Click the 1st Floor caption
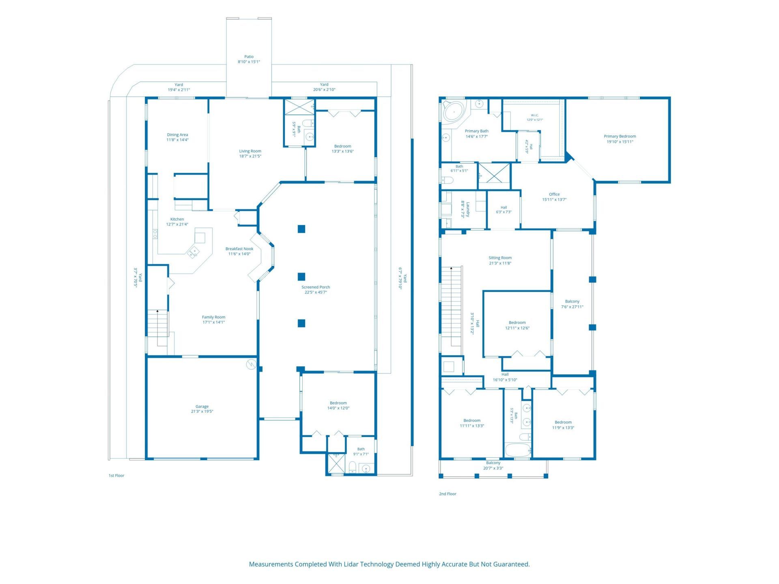[116, 475]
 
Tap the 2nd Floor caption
[448, 494]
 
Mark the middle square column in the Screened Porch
[301, 277]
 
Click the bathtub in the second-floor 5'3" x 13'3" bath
[518, 450]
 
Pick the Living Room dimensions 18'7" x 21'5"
[250, 156]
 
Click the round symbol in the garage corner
[251, 365]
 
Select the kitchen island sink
[193, 252]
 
